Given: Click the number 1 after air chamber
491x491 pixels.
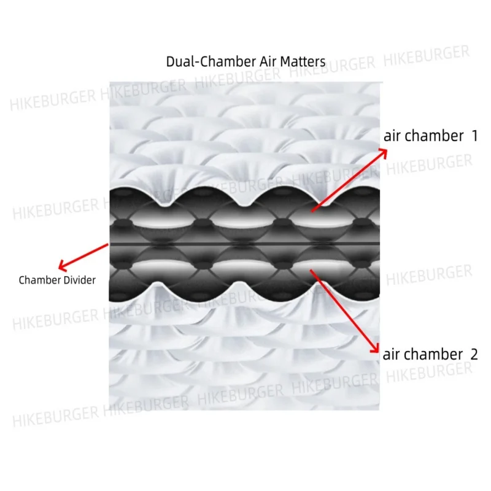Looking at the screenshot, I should (474, 136).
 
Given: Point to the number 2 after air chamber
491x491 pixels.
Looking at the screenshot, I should (473, 354).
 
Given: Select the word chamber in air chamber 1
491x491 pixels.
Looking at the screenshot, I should (435, 136).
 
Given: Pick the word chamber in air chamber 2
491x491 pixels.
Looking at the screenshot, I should (433, 354).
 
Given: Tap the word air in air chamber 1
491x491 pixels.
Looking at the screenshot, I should (393, 136).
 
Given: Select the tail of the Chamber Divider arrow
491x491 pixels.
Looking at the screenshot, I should (108, 244).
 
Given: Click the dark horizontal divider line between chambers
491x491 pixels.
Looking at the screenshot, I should (245, 244).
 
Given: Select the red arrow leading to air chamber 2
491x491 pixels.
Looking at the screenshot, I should (344, 311).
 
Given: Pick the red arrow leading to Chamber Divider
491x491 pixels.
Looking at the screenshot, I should (84, 255).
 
